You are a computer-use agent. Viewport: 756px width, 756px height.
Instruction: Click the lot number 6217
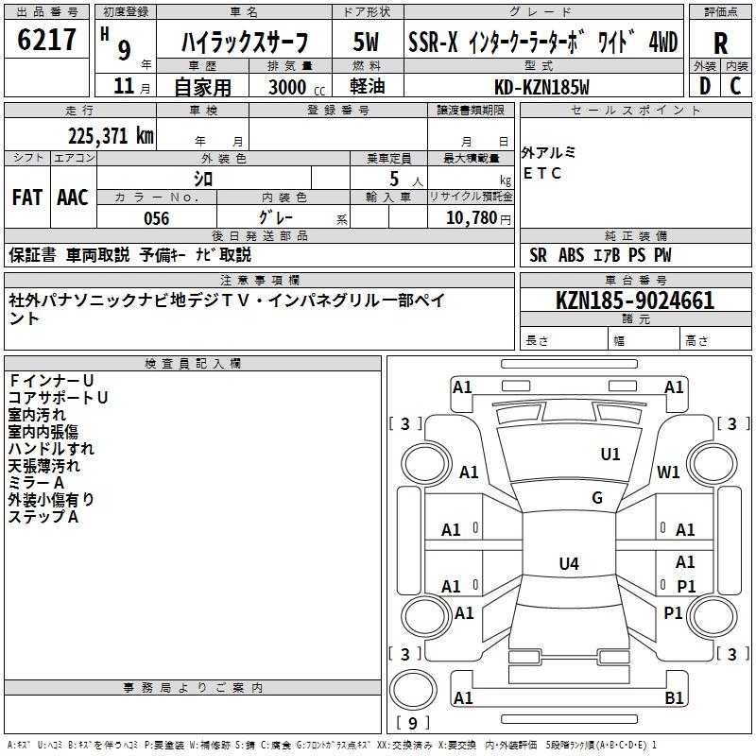pyautogui.click(x=47, y=40)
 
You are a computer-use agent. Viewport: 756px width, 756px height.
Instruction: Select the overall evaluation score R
pyautogui.click(x=720, y=43)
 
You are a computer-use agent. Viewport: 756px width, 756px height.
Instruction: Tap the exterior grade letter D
pyautogui.click(x=704, y=86)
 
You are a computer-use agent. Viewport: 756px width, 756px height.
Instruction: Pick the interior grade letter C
pyautogui.click(x=736, y=86)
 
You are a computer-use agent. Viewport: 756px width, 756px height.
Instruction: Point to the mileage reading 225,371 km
pyautogui.click(x=111, y=136)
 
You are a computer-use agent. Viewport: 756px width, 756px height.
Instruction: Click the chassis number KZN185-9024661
pyautogui.click(x=635, y=301)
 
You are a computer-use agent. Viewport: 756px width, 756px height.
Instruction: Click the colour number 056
pyautogui.click(x=156, y=218)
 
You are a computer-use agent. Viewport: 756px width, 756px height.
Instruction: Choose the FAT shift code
pyautogui.click(x=27, y=198)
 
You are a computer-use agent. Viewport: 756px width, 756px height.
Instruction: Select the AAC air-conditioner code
pyautogui.click(x=73, y=198)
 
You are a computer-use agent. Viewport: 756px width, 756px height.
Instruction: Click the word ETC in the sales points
pyautogui.click(x=542, y=174)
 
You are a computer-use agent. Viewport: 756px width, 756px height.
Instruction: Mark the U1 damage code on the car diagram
pyautogui.click(x=610, y=455)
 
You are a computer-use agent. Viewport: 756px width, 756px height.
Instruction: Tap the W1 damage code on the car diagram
pyautogui.click(x=669, y=472)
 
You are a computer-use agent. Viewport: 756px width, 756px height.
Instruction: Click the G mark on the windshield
pyautogui.click(x=597, y=498)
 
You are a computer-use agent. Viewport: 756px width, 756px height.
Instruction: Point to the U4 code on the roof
pyautogui.click(x=568, y=564)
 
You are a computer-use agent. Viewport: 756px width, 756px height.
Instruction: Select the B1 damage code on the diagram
pyautogui.click(x=675, y=698)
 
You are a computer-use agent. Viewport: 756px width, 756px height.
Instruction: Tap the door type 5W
pyautogui.click(x=367, y=43)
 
